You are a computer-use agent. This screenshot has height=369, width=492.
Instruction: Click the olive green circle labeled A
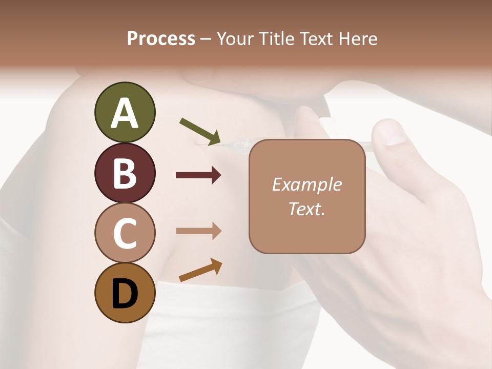tap(125, 112)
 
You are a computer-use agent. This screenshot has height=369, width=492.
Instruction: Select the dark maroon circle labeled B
tap(125, 173)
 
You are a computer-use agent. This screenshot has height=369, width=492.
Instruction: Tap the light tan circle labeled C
tap(125, 233)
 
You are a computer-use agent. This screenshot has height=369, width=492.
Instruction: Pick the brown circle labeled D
tap(125, 293)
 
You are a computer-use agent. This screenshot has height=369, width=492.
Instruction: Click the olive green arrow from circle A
tap(200, 131)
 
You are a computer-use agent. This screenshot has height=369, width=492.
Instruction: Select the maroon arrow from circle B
tap(198, 176)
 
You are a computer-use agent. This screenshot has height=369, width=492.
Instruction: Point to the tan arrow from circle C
tap(198, 231)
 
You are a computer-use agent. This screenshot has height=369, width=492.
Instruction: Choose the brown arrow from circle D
tap(200, 270)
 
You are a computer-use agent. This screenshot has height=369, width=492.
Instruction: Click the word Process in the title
tap(161, 38)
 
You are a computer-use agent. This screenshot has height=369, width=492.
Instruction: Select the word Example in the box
tap(306, 184)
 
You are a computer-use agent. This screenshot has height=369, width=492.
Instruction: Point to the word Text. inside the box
tap(306, 209)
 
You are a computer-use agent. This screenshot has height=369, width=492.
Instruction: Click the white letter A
tap(125, 113)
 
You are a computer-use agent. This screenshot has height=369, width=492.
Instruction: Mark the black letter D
tap(125, 294)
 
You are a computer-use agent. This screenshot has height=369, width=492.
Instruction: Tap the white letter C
tap(125, 233)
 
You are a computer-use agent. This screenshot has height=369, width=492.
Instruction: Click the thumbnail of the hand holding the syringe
tap(420, 215)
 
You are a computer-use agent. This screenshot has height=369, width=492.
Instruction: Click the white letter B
tap(125, 173)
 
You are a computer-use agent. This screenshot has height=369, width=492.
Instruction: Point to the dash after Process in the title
tap(206, 39)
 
